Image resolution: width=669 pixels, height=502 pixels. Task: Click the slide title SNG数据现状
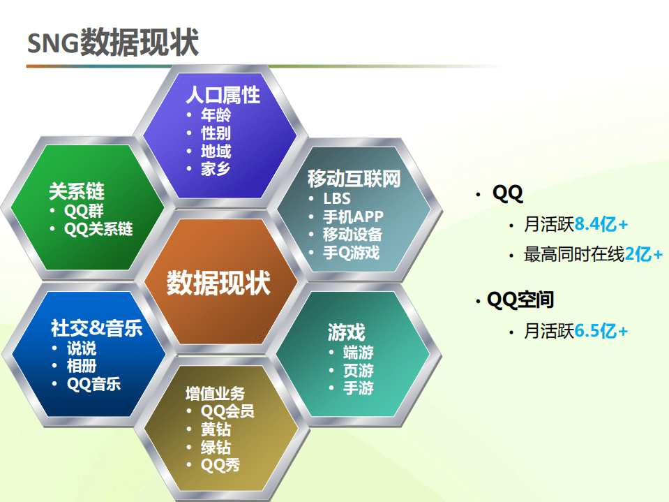click(113, 43)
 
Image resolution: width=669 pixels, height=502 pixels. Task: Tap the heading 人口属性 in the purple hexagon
click(223, 95)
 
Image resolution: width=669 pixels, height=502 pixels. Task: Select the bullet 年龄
click(216, 115)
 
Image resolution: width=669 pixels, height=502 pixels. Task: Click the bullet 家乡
click(216, 168)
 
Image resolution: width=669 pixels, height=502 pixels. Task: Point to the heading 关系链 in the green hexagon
click(77, 191)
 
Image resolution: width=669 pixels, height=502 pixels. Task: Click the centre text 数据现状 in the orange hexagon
click(218, 283)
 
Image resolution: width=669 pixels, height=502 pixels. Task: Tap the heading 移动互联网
click(354, 179)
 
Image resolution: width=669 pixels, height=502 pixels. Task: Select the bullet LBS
click(336, 199)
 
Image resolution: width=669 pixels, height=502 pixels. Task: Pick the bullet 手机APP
click(353, 216)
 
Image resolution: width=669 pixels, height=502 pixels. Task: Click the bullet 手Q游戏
click(351, 253)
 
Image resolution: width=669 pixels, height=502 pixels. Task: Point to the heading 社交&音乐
click(96, 328)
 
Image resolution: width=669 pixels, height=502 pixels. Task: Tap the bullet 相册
click(82, 365)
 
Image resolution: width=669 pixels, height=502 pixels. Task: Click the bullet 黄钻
click(216, 429)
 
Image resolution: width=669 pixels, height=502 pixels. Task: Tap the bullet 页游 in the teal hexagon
click(358, 370)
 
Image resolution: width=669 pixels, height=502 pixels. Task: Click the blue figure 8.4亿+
click(601, 225)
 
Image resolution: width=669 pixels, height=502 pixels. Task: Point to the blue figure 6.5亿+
click(601, 331)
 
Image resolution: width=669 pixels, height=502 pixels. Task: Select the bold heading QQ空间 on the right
click(520, 300)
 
